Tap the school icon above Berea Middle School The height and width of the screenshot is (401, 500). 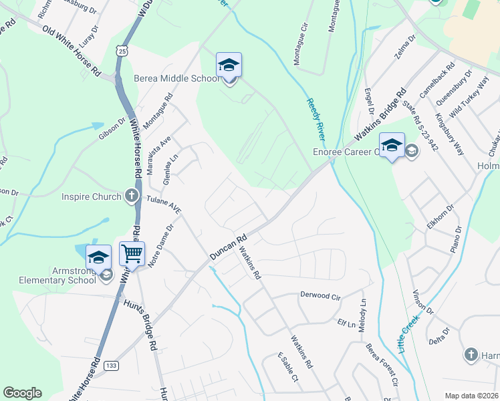(229, 65)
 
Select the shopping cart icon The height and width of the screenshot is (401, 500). (132, 254)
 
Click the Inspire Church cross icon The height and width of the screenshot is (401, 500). (131, 196)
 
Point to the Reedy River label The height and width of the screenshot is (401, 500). (316, 119)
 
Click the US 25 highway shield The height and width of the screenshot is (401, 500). (120, 51)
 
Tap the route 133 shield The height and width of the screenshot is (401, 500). (111, 366)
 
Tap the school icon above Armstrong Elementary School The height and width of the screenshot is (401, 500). (98, 257)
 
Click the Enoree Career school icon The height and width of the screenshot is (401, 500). (392, 146)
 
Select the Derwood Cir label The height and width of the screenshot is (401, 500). (321, 295)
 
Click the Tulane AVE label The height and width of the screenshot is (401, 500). (164, 204)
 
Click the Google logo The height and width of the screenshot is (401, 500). (22, 393)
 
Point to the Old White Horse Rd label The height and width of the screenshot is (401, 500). (71, 50)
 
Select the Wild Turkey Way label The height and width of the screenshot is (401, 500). (469, 98)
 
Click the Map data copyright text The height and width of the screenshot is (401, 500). (471, 396)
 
